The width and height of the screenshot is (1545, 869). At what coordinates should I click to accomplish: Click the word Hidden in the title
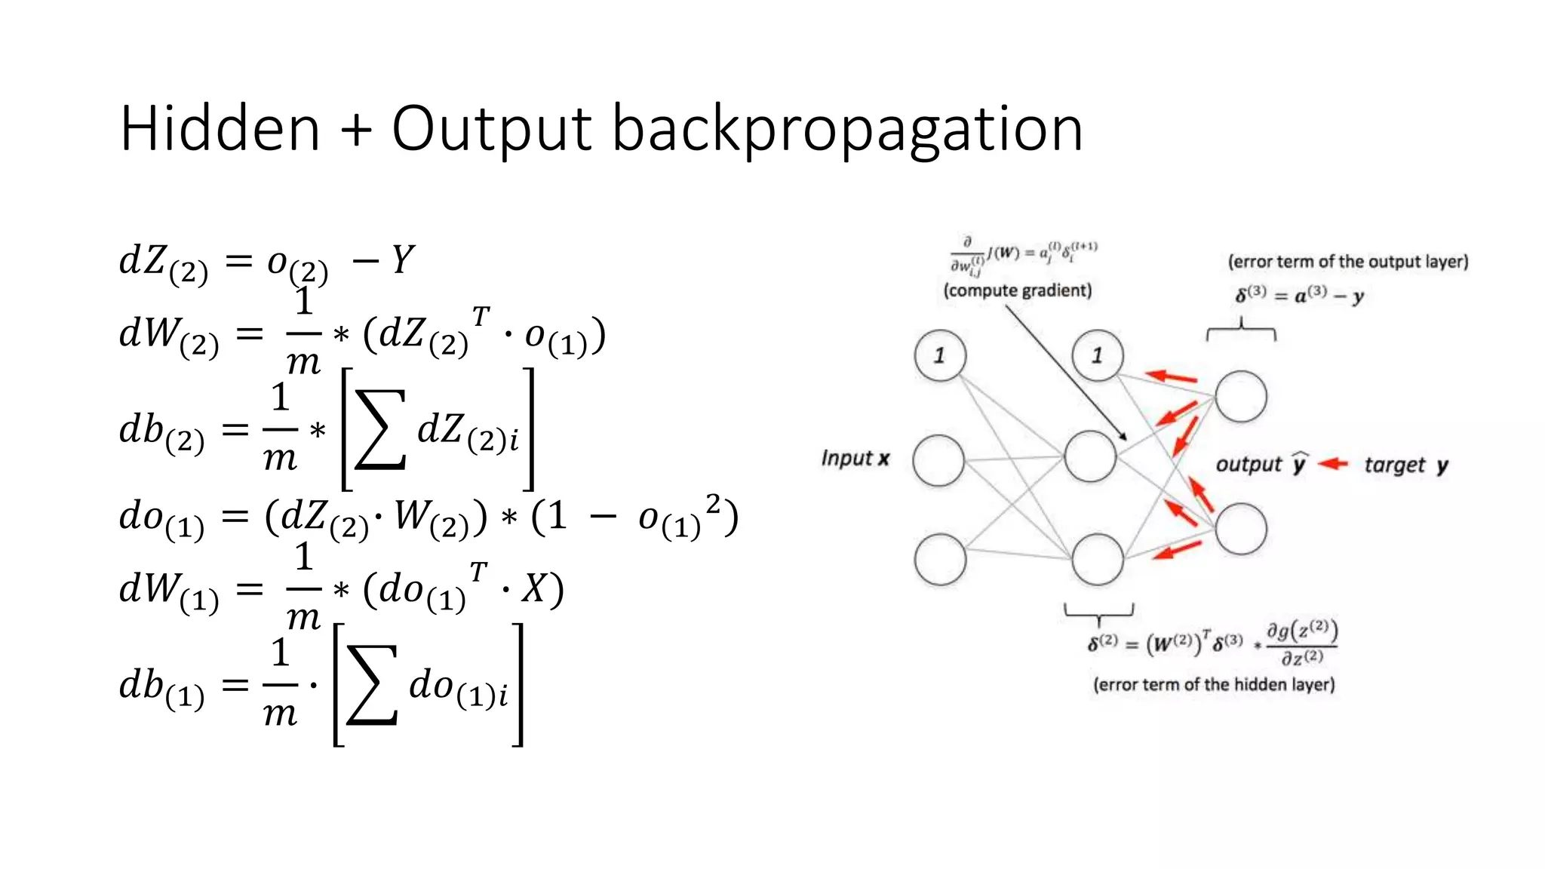220,129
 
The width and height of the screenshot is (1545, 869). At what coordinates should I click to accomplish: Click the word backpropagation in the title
846,131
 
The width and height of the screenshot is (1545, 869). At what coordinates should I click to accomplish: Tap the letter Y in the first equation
402,260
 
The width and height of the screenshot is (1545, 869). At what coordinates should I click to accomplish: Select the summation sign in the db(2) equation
381,430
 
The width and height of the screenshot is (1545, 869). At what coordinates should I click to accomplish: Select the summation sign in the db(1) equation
372,685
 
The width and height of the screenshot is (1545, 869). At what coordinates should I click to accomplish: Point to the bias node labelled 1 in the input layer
939,355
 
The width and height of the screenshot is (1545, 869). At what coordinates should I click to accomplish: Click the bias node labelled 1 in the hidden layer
1098,355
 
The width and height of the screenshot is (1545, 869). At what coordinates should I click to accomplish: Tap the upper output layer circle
1240,396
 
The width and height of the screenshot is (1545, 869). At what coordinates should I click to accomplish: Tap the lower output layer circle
1240,529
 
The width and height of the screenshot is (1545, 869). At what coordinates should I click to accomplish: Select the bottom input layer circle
940,559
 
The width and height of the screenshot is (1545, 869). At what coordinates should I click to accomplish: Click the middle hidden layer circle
1090,456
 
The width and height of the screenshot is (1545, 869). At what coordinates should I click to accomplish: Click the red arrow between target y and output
1333,464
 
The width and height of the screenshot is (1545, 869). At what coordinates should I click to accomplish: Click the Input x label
855,458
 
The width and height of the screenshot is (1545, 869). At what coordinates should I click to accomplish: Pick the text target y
1405,465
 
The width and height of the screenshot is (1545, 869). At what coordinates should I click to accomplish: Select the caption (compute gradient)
1017,290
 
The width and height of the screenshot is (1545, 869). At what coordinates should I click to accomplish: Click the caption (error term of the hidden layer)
1214,684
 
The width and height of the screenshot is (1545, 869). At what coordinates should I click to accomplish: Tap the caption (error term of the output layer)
1347,262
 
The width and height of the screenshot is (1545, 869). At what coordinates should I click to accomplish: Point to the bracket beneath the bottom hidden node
1098,612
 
